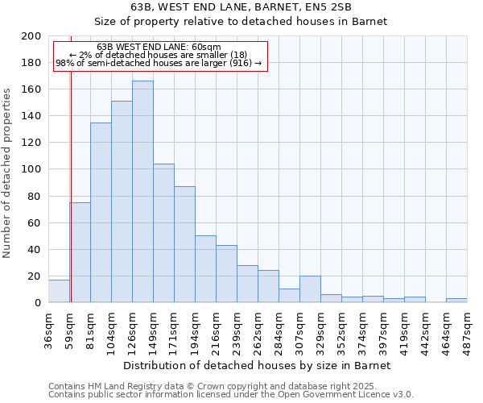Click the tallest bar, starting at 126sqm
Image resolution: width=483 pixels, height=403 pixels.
click(x=142, y=192)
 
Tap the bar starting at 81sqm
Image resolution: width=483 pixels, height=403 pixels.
click(x=101, y=213)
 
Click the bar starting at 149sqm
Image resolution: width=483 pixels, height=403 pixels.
click(x=163, y=233)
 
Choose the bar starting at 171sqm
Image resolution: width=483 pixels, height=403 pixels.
click(x=184, y=244)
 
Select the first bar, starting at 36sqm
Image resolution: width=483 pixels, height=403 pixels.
click(x=59, y=291)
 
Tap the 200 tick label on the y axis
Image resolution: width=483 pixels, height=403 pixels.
click(x=31, y=36)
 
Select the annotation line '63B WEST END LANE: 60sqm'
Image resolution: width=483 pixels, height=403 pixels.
click(x=159, y=48)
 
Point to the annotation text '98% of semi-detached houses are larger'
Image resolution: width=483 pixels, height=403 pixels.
click(x=159, y=63)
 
